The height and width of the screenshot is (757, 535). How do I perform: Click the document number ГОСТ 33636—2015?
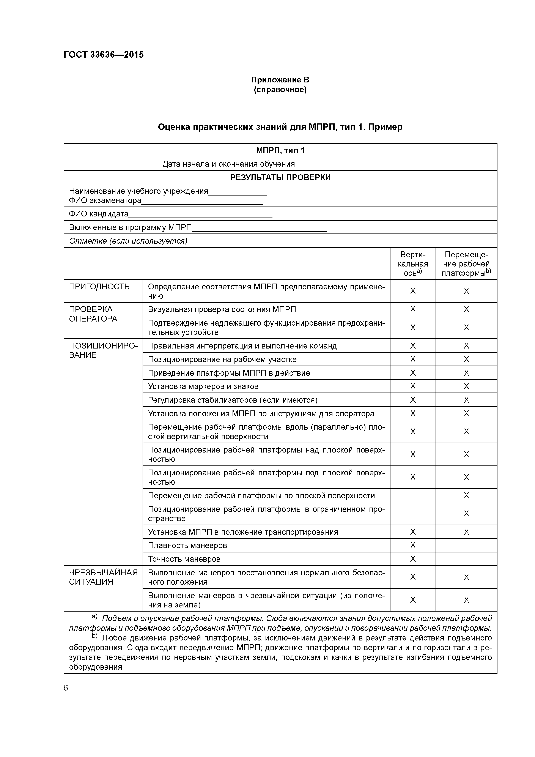click(104, 55)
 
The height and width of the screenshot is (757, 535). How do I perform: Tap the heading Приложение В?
click(280, 80)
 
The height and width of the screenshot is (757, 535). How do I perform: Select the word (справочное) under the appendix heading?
click(280, 90)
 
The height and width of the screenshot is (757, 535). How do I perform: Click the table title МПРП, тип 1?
click(280, 150)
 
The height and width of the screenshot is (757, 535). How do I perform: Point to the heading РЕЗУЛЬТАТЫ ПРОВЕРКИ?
click(280, 177)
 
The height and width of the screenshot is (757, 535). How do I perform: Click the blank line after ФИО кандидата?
click(200, 216)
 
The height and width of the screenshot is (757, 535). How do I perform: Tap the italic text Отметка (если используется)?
click(128, 241)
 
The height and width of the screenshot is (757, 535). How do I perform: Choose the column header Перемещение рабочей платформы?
click(466, 264)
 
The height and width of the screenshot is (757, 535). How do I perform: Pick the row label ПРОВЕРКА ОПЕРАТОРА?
click(93, 314)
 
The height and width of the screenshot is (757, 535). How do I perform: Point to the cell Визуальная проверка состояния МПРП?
click(222, 309)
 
